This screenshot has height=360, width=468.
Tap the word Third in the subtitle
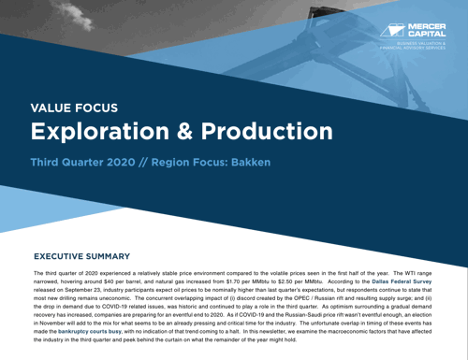(49, 164)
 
